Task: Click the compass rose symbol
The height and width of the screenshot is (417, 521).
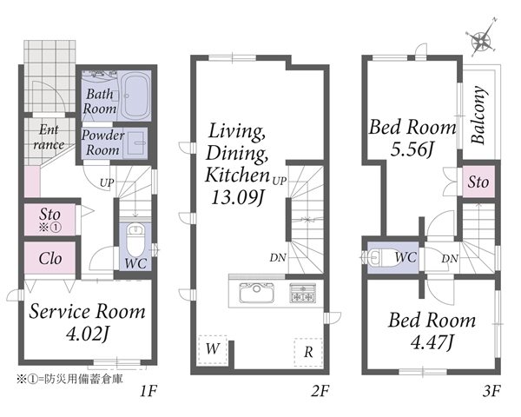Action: coord(481,40)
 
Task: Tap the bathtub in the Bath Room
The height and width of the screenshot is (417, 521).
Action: coord(135,96)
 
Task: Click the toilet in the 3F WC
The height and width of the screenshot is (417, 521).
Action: coord(381,257)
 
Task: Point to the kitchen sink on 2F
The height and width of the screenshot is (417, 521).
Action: coord(257,293)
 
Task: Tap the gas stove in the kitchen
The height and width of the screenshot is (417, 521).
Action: coord(302,293)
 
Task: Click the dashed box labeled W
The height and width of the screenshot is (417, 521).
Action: coord(213,350)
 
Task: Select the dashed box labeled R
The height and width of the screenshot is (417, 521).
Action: coord(308,353)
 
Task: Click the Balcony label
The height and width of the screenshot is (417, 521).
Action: coord(479,115)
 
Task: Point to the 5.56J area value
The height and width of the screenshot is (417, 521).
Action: coord(412,150)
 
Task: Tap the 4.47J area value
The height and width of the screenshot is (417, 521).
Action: coord(432,342)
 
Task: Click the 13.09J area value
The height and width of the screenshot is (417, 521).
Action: coord(237,197)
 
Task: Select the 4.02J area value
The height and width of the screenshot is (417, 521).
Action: coord(88,334)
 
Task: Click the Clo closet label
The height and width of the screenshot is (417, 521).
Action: coord(50,258)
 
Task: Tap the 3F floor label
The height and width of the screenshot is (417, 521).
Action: coord(491,391)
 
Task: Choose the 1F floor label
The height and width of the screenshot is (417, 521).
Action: coord(148,391)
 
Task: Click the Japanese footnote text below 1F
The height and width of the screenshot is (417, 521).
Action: coord(69,379)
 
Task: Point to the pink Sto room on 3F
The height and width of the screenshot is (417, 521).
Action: coord(478,182)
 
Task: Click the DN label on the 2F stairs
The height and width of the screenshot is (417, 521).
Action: coord(278,257)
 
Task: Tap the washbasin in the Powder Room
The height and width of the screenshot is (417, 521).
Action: coord(135,142)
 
